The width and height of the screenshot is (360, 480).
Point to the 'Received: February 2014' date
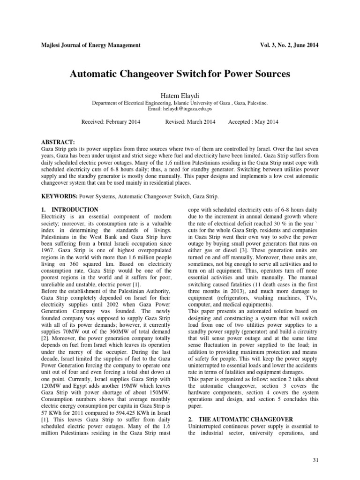pyautogui.click(x=111, y=122)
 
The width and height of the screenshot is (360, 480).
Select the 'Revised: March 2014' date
pyautogui.click(x=190, y=122)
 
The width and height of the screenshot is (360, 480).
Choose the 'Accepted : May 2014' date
pyautogui.click(x=253, y=122)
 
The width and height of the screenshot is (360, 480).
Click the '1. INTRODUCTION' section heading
pyautogui.click(x=70, y=210)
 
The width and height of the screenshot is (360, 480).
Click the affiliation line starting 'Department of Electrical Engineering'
pyautogui.click(x=180, y=102)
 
